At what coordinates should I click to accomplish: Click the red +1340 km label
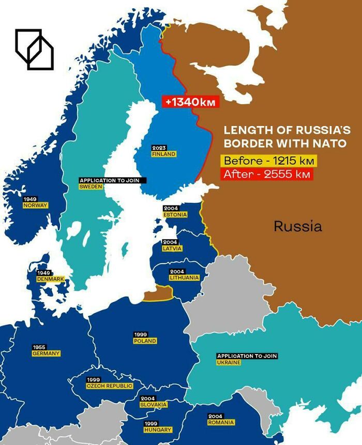click(x=190, y=102)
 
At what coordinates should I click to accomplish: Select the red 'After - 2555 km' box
click(x=267, y=174)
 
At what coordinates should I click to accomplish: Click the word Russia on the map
click(x=297, y=226)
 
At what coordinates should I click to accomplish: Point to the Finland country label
click(x=163, y=154)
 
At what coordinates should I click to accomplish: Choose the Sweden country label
click(x=90, y=186)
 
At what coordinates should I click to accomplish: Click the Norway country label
click(x=35, y=205)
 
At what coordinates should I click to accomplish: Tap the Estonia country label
click(x=175, y=214)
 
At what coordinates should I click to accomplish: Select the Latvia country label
click(x=172, y=248)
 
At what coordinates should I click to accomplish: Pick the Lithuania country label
click(x=184, y=277)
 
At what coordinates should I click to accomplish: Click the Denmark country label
click(x=50, y=279)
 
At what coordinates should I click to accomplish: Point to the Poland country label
click(x=145, y=341)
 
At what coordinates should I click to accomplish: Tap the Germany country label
click(x=46, y=353)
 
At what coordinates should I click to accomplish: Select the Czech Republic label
click(x=109, y=386)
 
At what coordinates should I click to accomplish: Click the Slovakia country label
click(x=154, y=404)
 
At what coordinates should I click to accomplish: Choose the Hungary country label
click(x=158, y=429)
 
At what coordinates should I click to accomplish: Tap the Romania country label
click(x=221, y=422)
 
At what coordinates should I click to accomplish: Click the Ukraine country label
click(x=229, y=362)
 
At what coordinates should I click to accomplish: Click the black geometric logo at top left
click(x=34, y=49)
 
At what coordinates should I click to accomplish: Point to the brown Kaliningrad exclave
click(x=158, y=294)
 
